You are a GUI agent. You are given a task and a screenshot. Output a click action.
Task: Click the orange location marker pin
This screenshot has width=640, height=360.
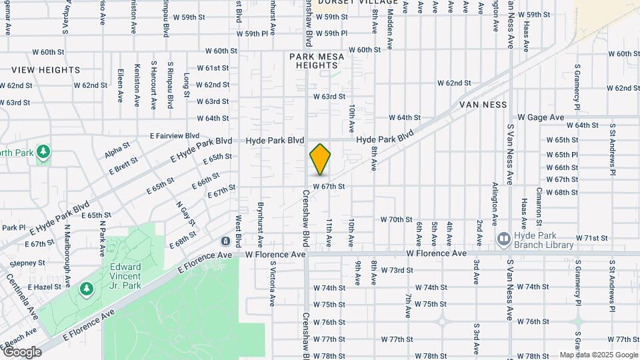pyautogui.click(x=320, y=160)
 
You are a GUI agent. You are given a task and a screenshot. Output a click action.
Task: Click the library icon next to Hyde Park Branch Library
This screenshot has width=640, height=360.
pyautogui.click(x=503, y=238)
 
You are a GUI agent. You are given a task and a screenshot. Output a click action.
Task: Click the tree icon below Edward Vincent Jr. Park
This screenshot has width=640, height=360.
pyautogui.click(x=85, y=289)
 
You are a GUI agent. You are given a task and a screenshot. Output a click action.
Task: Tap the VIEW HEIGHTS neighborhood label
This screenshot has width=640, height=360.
pyautogui.click(x=45, y=70)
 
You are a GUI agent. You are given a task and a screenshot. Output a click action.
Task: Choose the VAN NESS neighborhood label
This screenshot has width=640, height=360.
pyautogui.click(x=483, y=105)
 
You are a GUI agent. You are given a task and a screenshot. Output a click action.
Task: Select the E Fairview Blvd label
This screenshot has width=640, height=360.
pyautogui.click(x=175, y=135)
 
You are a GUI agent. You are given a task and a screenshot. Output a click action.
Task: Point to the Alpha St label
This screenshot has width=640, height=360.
pyautogui.click(x=117, y=151)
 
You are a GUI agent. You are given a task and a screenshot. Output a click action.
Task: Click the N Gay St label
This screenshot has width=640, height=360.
pyautogui.click(x=182, y=213)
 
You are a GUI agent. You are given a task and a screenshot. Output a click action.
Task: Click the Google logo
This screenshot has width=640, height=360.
pyautogui.click(x=22, y=352)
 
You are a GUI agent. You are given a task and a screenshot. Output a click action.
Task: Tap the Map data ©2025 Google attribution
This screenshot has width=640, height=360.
pyautogui.click(x=599, y=355)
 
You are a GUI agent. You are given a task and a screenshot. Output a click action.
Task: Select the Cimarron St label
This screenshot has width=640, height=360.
pyautogui.click(x=539, y=206)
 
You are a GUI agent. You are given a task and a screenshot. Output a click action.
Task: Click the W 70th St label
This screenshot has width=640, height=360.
pyautogui.click(x=397, y=219)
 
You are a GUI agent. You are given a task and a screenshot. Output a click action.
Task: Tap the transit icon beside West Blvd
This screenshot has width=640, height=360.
pyautogui.click(x=227, y=241)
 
